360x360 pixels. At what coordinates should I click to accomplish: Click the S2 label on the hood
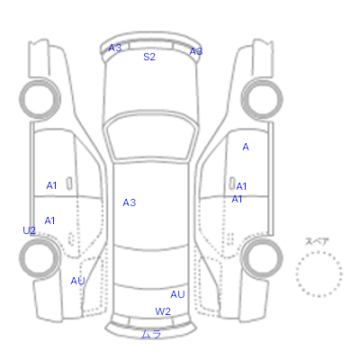pos(149,57)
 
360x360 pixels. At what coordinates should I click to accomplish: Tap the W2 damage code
pos(163,311)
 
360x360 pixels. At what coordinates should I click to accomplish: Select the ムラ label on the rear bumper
pos(151,334)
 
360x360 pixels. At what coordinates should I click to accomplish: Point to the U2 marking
pos(29,230)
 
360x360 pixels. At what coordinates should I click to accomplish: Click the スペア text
pos(317,241)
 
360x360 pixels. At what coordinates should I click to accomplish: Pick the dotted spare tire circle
pos(319,252)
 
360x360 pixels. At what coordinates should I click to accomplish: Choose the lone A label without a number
pos(246,147)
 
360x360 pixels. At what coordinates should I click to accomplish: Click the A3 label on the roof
pos(130,202)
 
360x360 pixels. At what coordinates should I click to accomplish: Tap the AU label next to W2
pos(177,294)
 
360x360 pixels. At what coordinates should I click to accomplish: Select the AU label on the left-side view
pos(77,281)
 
